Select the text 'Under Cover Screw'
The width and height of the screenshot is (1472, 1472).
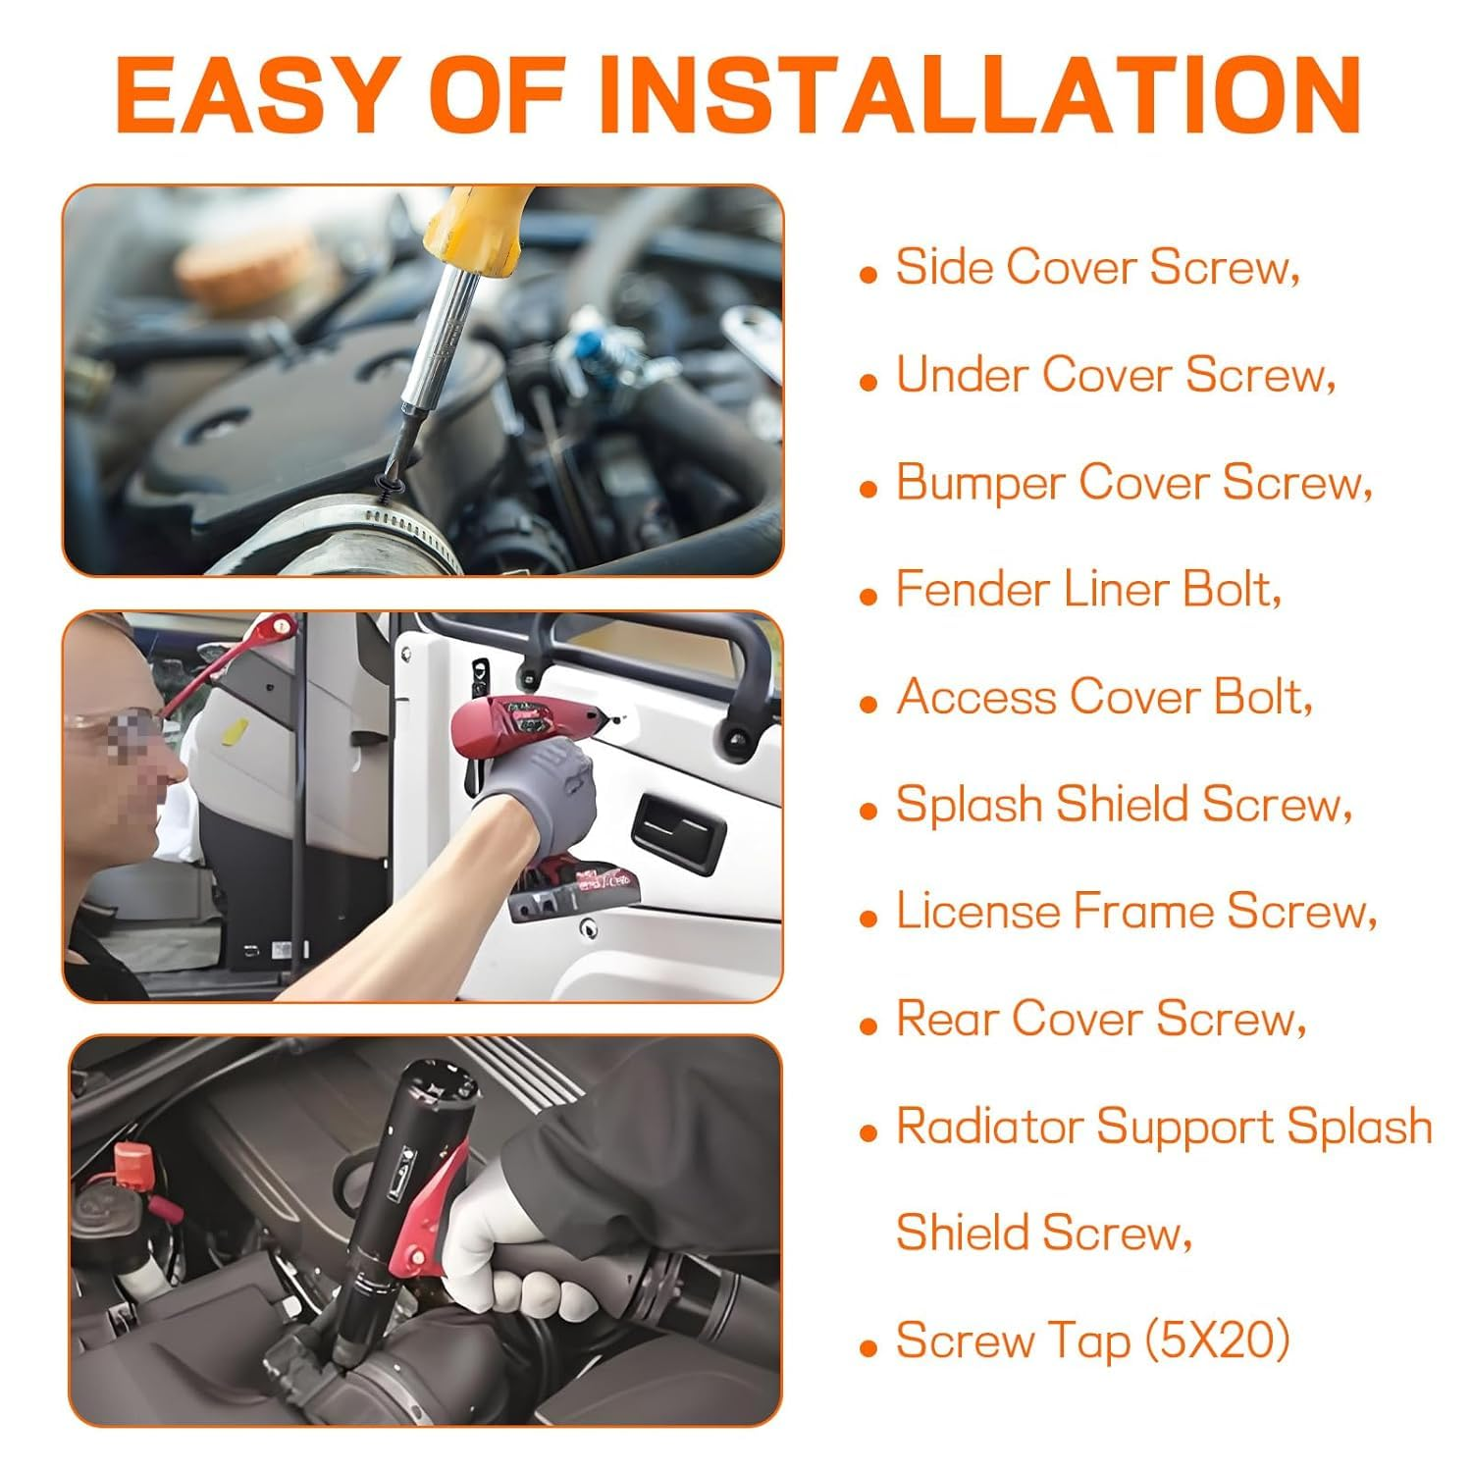coord(1116,375)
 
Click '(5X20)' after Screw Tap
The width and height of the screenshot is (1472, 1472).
coord(1217,1341)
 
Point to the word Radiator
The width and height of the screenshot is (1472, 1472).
coord(989,1126)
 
